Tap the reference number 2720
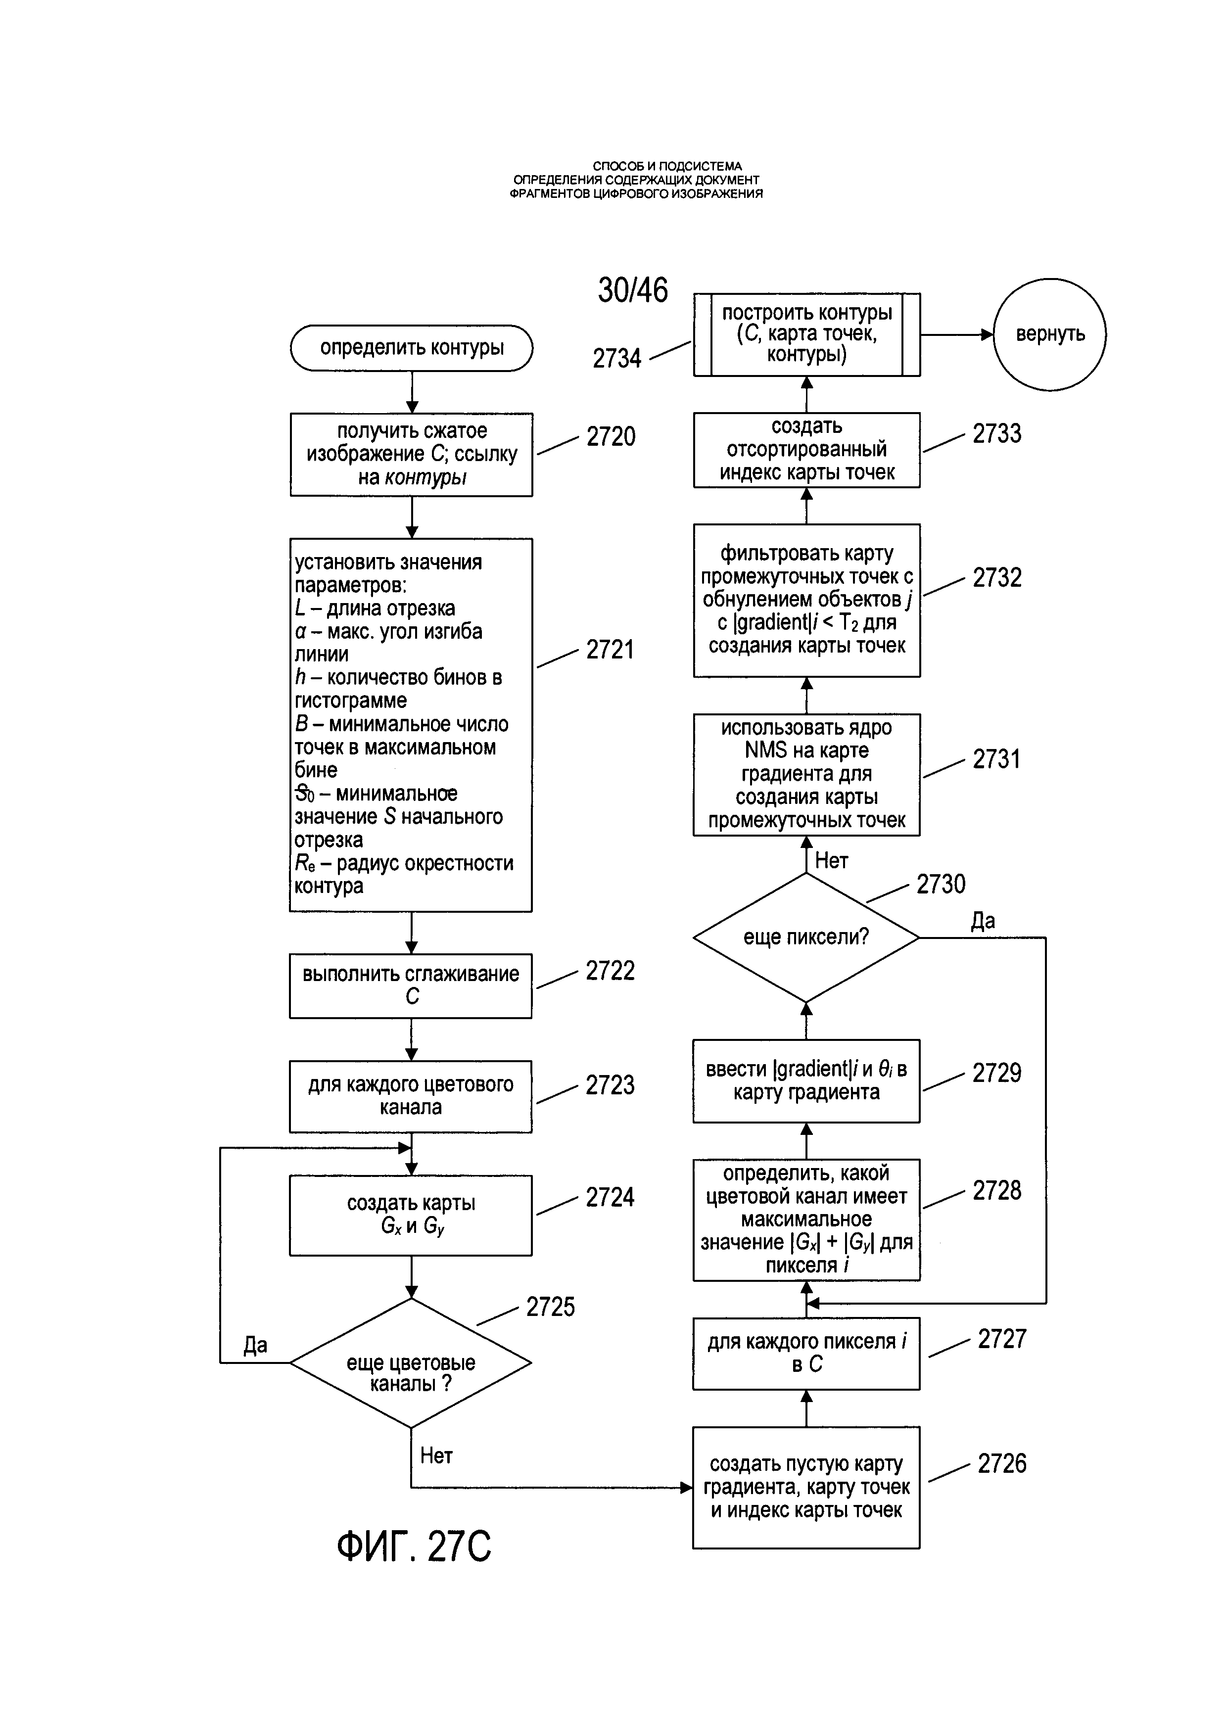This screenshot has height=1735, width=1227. (x=611, y=437)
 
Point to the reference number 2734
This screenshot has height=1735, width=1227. (x=616, y=358)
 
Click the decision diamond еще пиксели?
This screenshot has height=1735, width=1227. (x=806, y=938)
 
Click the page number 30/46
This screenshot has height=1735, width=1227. (x=633, y=290)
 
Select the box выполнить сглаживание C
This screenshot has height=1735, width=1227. (x=411, y=986)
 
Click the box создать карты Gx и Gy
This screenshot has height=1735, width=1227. (x=411, y=1215)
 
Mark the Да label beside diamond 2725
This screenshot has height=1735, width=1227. (x=255, y=1345)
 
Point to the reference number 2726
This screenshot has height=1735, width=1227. (x=1002, y=1464)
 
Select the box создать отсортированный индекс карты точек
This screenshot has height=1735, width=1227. (x=807, y=450)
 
